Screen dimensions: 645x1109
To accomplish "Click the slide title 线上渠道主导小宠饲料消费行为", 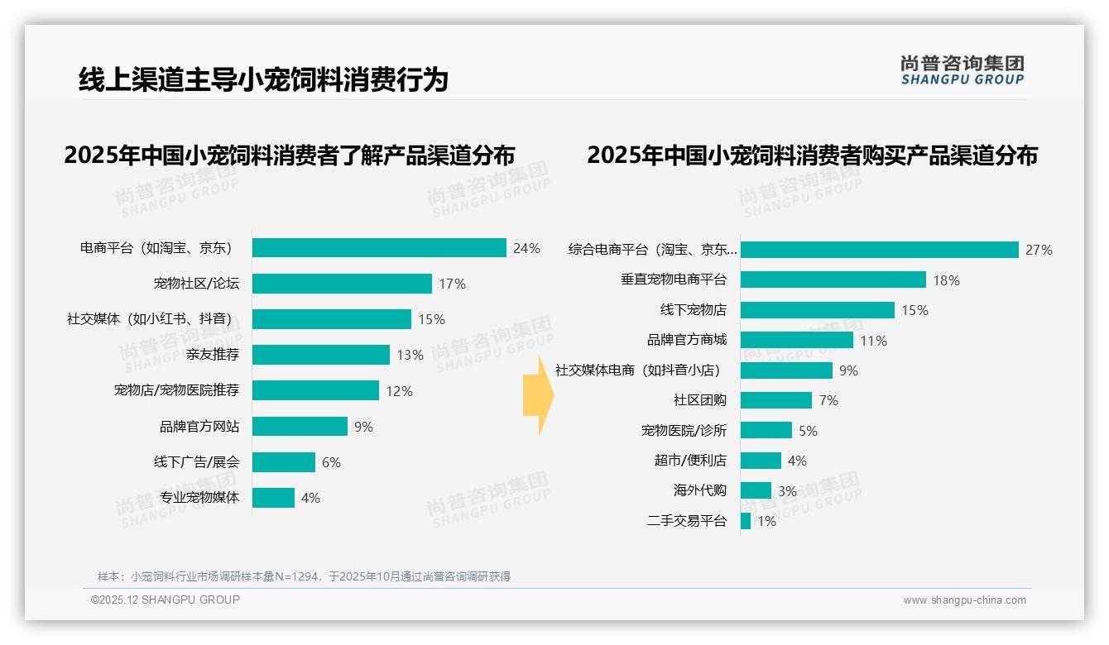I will pos(263,79).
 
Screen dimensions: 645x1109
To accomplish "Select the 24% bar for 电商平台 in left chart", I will pos(379,248).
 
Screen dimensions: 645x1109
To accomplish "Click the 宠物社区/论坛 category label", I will pos(196,284).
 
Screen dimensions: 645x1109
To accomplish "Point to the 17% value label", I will pos(452,284).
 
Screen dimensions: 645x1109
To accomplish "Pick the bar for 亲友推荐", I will pos(321,355).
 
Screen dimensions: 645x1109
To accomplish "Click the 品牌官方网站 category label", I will pos(199,427).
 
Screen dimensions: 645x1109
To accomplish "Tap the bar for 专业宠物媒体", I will pos(273,498).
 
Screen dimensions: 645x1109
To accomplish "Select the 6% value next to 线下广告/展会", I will pos(331,462).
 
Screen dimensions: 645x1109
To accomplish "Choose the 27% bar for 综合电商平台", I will pos(879,250).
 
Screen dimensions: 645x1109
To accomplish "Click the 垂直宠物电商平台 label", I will pos(674,279).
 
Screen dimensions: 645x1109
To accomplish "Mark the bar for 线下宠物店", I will pos(818,310).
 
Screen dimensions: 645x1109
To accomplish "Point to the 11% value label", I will pos(873,341).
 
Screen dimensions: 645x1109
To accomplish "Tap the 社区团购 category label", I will pos(699,400).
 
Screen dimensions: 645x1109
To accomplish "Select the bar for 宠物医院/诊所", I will pos(766,430).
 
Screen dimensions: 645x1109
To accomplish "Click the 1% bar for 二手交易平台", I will pos(746,521).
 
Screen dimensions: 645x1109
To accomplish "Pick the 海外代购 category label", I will pos(699,490).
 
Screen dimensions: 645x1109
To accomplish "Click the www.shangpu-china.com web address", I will pos(964,600).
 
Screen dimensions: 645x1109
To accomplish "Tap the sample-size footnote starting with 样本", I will pos(304,576).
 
